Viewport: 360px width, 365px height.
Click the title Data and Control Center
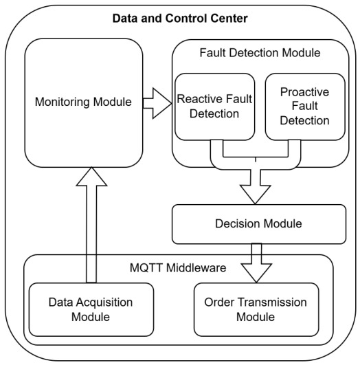180,19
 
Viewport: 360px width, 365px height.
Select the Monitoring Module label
83,102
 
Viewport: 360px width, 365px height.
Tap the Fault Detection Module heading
260,53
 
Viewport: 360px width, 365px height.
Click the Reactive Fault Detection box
215,107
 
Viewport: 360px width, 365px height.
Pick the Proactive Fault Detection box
305,107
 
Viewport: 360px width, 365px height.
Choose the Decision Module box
259,224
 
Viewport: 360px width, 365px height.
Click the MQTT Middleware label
178,267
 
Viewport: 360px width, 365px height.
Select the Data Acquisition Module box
91,309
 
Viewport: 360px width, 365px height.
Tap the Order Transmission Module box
256,309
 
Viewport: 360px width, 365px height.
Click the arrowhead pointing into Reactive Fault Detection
162,103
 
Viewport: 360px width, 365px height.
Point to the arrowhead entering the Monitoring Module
91,177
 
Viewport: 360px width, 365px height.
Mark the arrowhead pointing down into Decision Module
256,195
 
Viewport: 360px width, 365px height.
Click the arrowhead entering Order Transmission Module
256,273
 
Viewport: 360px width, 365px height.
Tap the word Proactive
304,92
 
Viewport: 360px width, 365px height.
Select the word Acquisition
104,302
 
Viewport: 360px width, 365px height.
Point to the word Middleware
196,267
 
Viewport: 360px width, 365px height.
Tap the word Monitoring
62,102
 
